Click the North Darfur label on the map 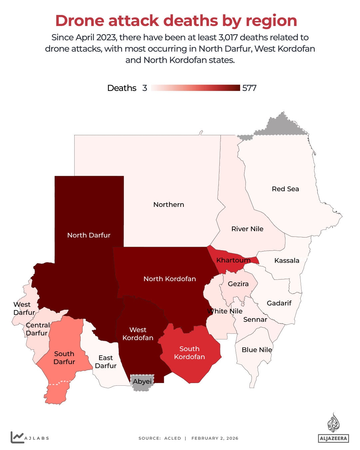[x=89, y=235]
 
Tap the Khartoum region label [x=233, y=260]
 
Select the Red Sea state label [x=285, y=189]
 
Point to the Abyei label [x=142, y=381]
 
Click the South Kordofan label [x=189, y=353]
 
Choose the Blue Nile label [x=257, y=350]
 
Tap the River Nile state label [x=247, y=229]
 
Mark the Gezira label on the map [x=238, y=284]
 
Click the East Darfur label [x=106, y=362]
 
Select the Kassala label [x=287, y=260]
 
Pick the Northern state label [x=169, y=205]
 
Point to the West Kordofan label [x=138, y=334]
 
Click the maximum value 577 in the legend [x=249, y=88]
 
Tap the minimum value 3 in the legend [x=145, y=88]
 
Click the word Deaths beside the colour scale [x=122, y=88]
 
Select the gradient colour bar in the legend [x=195, y=88]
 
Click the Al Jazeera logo [x=333, y=428]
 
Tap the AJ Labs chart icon [x=17, y=437]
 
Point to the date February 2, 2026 [x=215, y=438]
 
